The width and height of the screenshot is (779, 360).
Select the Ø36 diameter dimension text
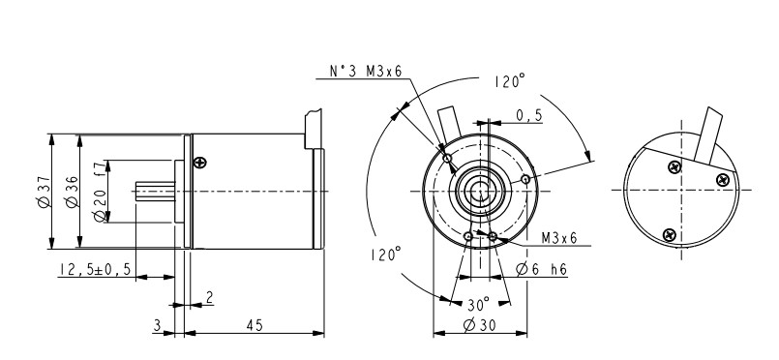(72, 192)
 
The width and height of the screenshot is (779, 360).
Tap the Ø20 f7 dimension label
(100, 191)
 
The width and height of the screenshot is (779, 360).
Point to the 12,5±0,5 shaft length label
(95, 270)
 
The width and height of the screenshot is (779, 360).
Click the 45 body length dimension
(255, 326)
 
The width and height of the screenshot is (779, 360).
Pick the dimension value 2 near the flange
(209, 297)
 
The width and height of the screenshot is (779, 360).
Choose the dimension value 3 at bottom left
(157, 326)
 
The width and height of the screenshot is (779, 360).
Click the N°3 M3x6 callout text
(366, 71)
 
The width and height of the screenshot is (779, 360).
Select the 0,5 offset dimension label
(529, 116)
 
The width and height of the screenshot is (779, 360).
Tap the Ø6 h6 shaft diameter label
(542, 270)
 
